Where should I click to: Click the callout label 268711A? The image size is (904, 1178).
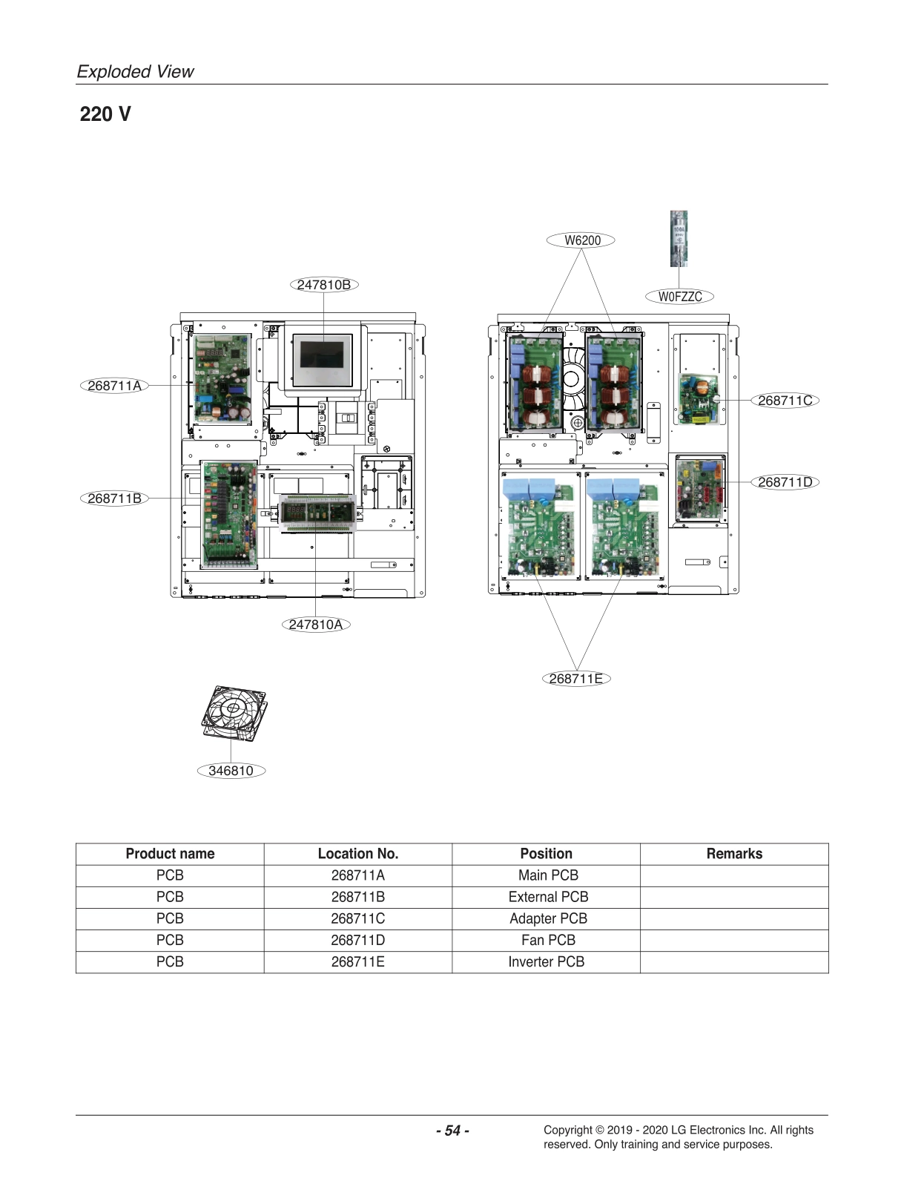[x=114, y=386]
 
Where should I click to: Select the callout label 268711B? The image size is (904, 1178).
[x=114, y=498]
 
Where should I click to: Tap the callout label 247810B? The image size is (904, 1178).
[x=324, y=285]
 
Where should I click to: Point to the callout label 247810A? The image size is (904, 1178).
[x=316, y=625]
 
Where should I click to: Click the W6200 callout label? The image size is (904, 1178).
[x=582, y=240]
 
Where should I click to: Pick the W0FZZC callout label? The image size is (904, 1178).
[x=680, y=297]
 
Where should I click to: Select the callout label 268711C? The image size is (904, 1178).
[x=785, y=401]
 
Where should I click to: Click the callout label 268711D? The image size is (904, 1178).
[x=785, y=482]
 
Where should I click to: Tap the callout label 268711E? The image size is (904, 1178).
[x=576, y=679]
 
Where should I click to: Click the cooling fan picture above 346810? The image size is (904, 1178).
[x=234, y=712]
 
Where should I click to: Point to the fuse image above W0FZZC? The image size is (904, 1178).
[x=679, y=238]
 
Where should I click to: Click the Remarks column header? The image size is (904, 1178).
[x=734, y=854]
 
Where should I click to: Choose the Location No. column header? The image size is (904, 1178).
[x=358, y=854]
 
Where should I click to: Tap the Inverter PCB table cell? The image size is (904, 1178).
[x=547, y=962]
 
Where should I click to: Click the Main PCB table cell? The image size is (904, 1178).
[x=548, y=875]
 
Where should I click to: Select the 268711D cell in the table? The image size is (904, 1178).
[x=358, y=941]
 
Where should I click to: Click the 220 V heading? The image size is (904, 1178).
[x=105, y=114]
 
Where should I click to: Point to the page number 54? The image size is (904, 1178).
[x=452, y=1131]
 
